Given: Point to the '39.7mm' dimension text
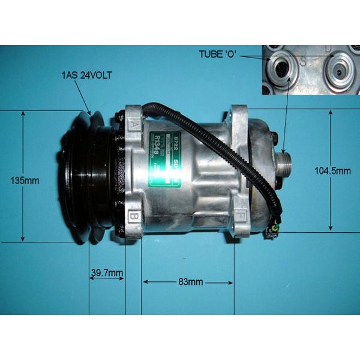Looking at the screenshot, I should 107,274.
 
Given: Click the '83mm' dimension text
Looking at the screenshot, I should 187,282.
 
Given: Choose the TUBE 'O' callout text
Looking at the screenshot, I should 219,55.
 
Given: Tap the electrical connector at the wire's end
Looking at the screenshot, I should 273,230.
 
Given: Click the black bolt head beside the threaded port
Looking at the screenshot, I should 275,139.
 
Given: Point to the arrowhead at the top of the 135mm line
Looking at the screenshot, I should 22,112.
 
